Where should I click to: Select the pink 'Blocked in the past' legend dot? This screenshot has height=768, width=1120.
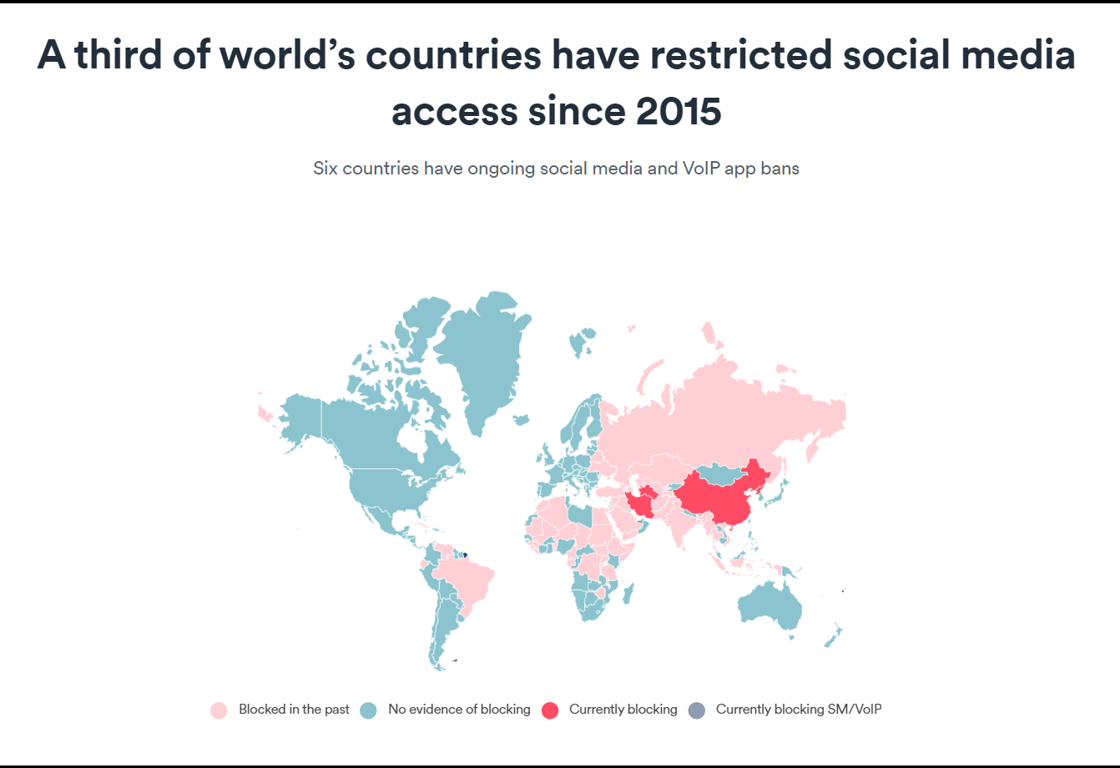click(x=219, y=710)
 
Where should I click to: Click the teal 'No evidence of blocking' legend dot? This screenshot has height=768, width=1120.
click(x=368, y=710)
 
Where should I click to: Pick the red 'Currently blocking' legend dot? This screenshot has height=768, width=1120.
click(x=549, y=710)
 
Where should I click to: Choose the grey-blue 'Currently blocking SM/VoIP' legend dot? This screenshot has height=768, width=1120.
click(x=696, y=710)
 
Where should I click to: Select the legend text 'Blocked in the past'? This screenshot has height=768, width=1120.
click(x=294, y=710)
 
